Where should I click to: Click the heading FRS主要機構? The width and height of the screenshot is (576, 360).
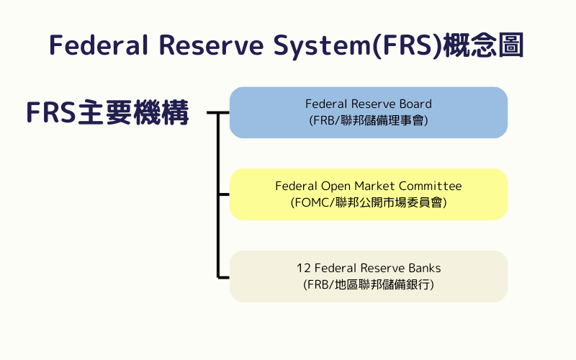pos(107,113)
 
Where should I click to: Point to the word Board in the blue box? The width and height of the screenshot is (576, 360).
pos(416,104)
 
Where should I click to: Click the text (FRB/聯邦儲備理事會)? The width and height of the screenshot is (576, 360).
pos(369,121)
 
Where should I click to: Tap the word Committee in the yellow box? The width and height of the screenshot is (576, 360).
pos(433,186)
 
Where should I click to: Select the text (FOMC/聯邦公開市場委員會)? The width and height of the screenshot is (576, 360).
pos(369,203)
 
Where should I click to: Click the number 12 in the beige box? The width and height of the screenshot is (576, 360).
pos(303,269)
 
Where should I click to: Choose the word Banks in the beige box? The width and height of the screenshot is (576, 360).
pos(425,269)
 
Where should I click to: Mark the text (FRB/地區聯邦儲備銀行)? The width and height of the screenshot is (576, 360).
pos(369,285)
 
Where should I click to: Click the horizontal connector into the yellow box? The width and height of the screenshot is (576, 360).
pos(223,194)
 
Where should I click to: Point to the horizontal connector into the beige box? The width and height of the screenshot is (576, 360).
pos(223,276)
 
